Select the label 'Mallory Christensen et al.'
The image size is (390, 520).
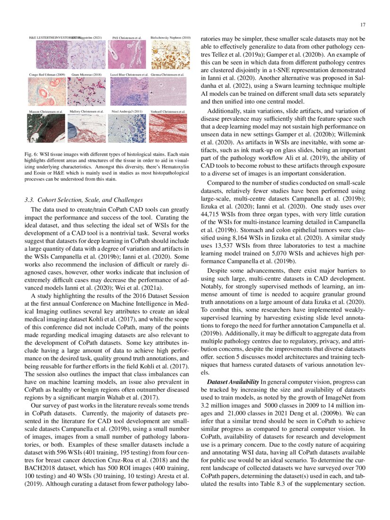point(87,111)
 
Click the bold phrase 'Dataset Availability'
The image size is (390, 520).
point(229,381)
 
